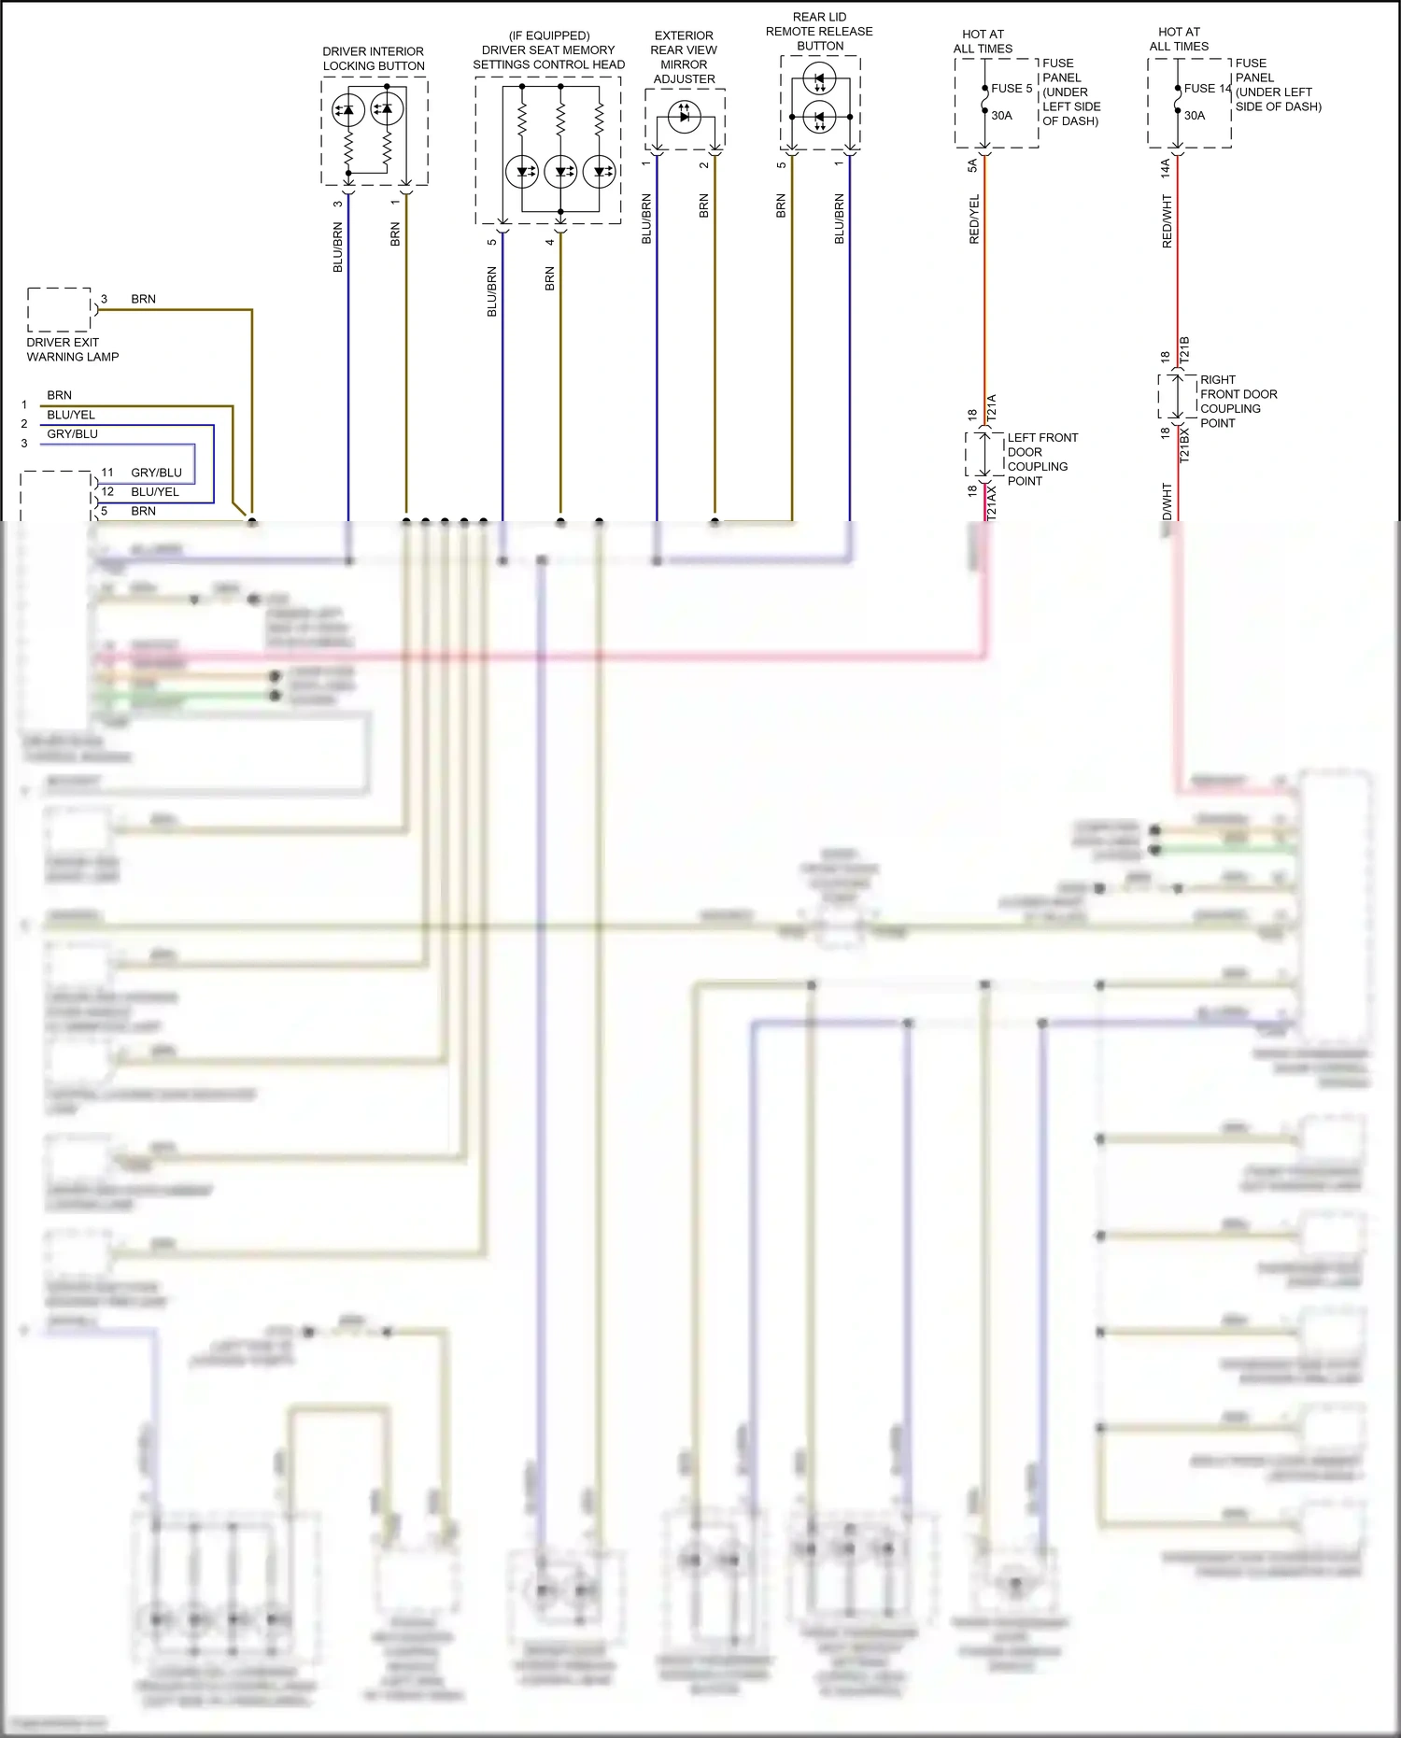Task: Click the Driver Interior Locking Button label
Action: point(374,59)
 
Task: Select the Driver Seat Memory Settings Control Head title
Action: point(548,50)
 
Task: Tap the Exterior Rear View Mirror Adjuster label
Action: point(684,57)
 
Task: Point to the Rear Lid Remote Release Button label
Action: point(819,31)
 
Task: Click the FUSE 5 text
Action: point(1012,89)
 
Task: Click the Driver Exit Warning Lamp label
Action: point(73,349)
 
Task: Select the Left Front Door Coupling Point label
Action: point(1041,459)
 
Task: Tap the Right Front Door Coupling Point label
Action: point(1238,402)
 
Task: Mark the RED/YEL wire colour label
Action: point(974,219)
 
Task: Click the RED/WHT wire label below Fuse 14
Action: point(1167,221)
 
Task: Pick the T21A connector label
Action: point(992,405)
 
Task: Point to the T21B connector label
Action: point(1184,349)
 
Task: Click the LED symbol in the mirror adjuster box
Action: point(685,117)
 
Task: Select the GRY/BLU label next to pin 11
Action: point(156,473)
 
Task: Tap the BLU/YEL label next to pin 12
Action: point(155,492)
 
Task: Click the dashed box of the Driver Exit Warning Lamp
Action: point(59,310)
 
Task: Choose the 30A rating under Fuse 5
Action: point(1001,116)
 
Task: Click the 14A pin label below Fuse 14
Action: point(1166,168)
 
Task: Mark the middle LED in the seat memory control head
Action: point(560,172)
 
